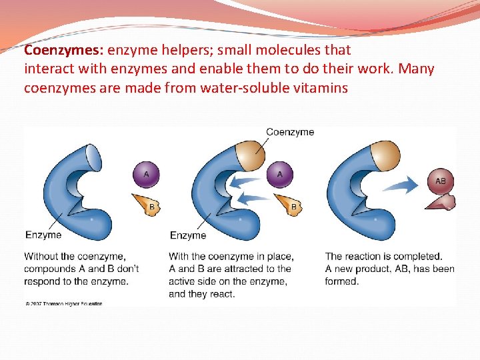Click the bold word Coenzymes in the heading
tap(64, 50)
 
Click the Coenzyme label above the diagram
tap(290, 132)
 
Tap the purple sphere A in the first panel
tap(147, 175)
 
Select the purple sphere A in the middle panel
tap(280, 175)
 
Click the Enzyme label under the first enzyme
tap(43, 235)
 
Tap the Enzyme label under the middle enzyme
tap(188, 235)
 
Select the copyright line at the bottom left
tap(64, 304)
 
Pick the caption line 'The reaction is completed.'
tap(383, 256)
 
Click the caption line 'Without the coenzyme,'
tap(75, 256)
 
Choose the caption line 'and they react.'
tap(202, 294)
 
